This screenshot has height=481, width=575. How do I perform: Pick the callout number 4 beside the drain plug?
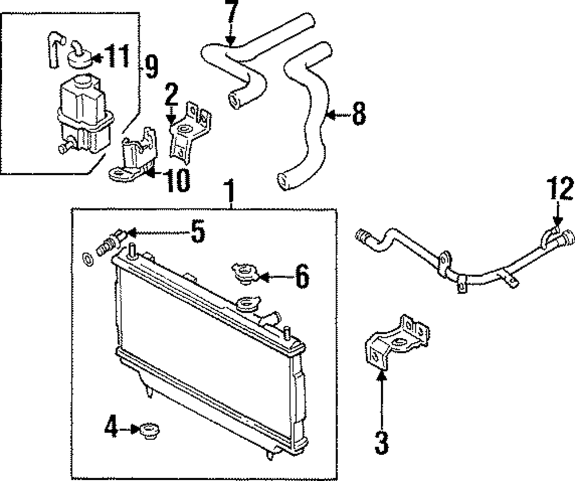111,427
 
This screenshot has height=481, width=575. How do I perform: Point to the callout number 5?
197,232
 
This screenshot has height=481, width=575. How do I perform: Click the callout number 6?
302,277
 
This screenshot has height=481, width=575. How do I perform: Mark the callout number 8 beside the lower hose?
358,115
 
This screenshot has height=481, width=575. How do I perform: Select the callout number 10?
177,181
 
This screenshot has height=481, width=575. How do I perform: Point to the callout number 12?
560,189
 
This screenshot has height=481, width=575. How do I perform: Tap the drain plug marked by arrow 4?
149,429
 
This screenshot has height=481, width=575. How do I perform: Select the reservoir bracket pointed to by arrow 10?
137,155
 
